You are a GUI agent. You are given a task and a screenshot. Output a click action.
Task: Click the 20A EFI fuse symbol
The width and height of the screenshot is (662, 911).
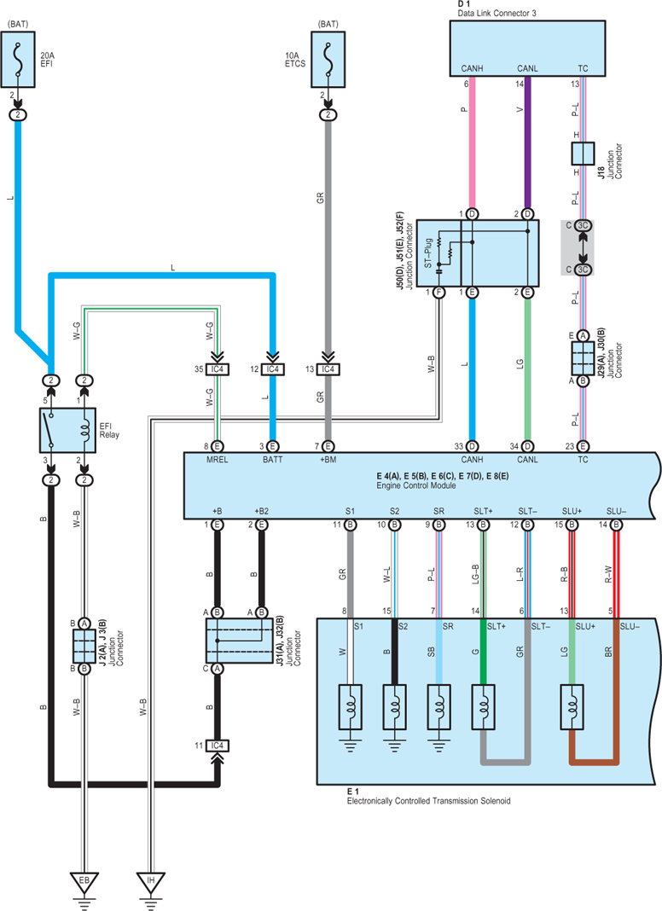click(18, 60)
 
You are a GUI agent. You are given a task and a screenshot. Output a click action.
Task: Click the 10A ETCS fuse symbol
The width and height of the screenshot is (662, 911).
click(328, 60)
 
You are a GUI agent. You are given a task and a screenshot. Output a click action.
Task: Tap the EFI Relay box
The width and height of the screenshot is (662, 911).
click(68, 430)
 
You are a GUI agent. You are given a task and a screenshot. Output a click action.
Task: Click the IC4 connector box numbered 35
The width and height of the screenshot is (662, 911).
click(217, 369)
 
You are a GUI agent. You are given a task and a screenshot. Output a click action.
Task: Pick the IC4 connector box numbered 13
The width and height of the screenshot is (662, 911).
click(328, 369)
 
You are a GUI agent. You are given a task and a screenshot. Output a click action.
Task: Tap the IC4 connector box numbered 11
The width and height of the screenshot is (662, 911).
click(217, 746)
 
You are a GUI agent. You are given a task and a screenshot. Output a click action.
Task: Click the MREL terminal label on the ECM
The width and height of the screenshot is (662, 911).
click(218, 460)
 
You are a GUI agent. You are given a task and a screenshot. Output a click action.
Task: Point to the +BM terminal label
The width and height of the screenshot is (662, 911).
click(328, 460)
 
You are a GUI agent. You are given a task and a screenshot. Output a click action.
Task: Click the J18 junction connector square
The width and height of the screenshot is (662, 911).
click(583, 154)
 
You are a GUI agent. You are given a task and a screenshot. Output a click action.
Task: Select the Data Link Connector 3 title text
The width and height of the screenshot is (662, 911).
click(497, 13)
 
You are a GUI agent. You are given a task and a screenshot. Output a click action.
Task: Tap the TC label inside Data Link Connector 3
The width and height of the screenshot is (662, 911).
click(583, 68)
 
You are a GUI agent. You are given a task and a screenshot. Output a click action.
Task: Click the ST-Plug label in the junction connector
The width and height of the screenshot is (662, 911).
click(428, 253)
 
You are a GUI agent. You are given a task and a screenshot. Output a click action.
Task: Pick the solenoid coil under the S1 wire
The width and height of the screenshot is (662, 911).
click(350, 707)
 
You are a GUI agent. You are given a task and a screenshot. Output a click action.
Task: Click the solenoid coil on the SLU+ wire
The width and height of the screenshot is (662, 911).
click(572, 707)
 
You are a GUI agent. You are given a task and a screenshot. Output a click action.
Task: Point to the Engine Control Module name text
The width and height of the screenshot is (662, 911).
click(416, 485)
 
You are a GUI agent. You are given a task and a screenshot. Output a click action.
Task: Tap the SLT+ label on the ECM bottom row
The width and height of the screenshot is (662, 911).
click(483, 511)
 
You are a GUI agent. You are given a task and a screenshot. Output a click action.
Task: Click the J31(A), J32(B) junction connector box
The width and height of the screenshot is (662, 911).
click(240, 641)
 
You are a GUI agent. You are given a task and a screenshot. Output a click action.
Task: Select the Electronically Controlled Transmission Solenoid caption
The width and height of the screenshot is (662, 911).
click(429, 801)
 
